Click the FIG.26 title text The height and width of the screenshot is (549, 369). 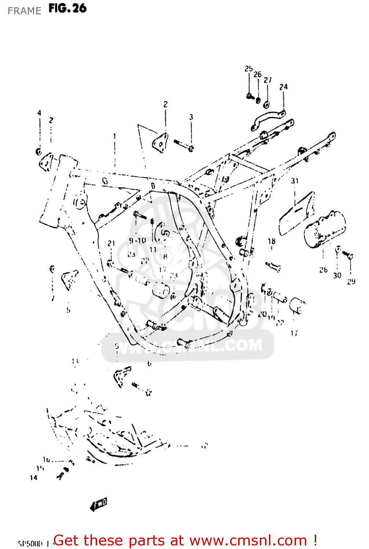point(67,8)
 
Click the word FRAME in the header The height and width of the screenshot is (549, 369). point(24,11)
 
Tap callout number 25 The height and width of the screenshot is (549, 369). point(248,69)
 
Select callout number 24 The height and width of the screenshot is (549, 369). point(283,87)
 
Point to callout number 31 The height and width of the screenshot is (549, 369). point(295,181)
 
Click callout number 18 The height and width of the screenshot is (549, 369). point(272,241)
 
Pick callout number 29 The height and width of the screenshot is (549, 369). point(351,281)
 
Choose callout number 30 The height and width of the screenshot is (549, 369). point(337,275)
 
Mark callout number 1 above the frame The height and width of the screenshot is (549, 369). point(115,136)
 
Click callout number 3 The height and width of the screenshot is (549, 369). point(191,117)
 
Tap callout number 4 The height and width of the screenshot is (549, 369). point(39,113)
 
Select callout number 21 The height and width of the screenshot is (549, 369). point(111,243)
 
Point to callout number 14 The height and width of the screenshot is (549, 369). point(33,478)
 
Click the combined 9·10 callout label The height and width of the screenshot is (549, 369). point(137,240)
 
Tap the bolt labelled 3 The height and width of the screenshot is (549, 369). point(183,145)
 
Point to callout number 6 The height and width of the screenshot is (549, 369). point(149,363)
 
